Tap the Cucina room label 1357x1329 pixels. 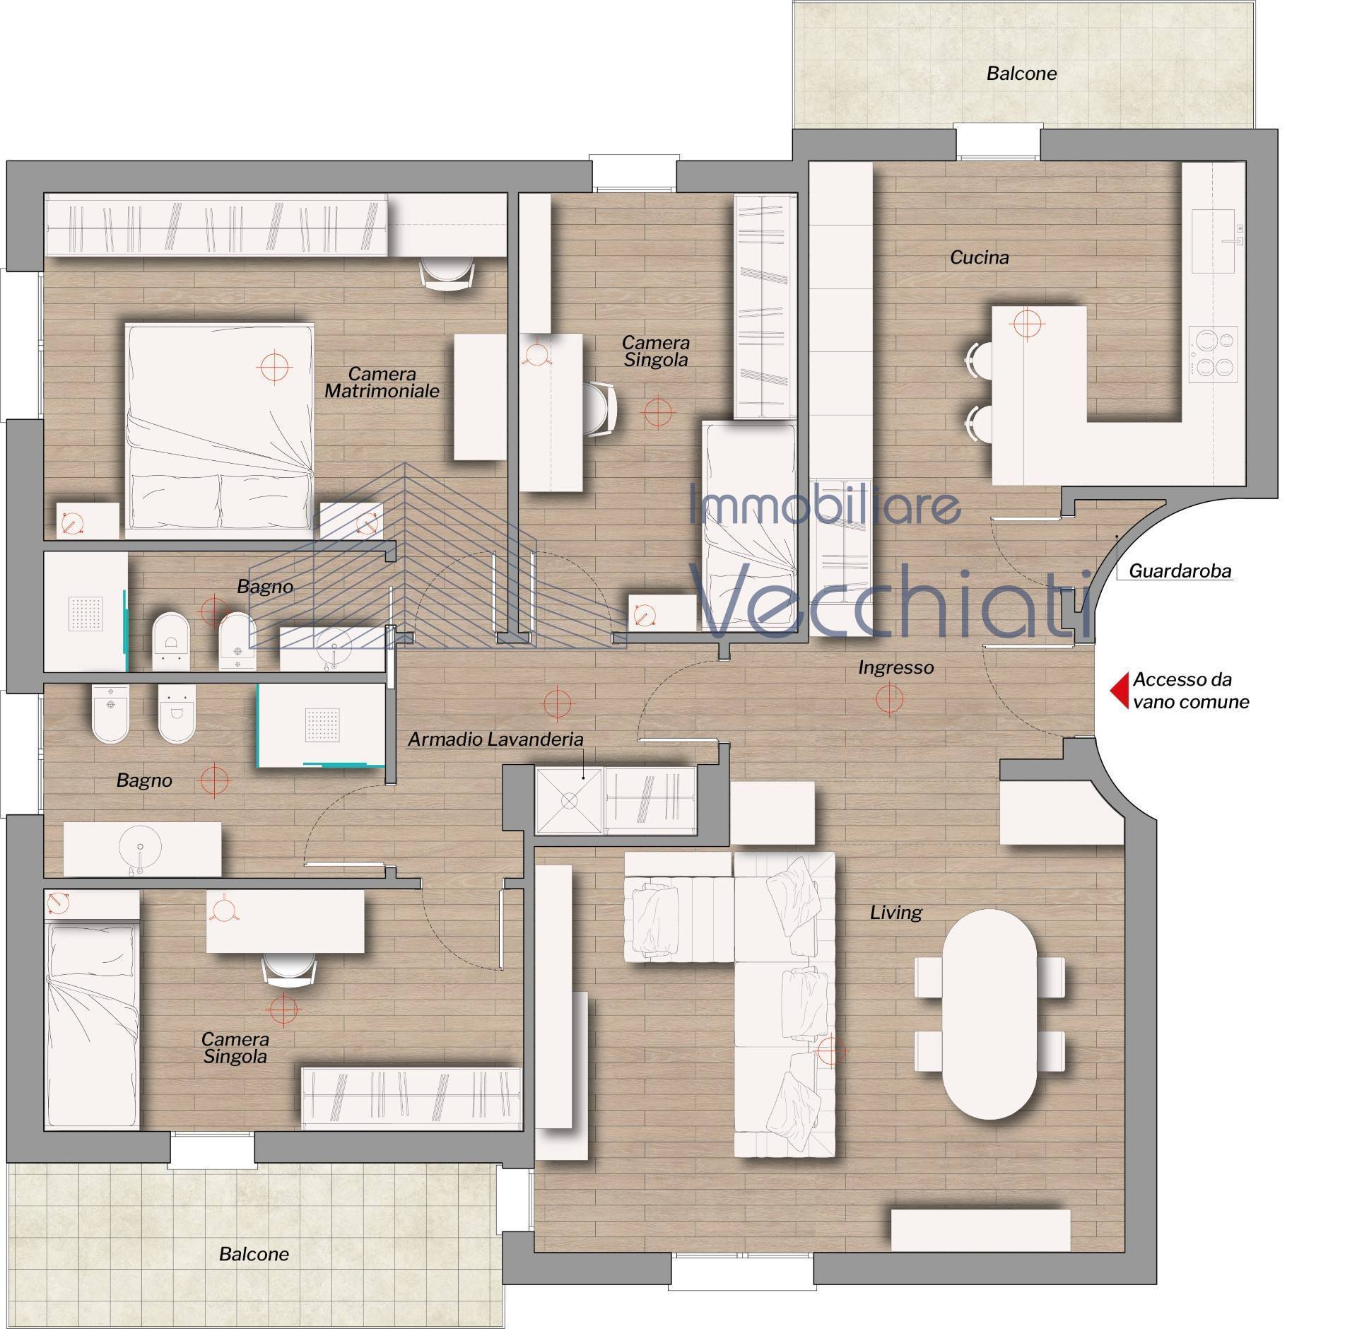tap(979, 258)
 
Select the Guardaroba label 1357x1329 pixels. tap(1180, 571)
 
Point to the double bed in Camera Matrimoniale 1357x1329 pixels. tap(220, 426)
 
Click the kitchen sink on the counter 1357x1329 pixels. tap(1214, 240)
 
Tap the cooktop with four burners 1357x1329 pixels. tap(1213, 354)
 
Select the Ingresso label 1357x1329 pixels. tap(896, 667)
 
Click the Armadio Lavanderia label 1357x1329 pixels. tap(496, 739)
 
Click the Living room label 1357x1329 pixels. tap(896, 913)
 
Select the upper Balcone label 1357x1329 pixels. tap(1022, 74)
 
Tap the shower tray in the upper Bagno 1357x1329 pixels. tap(86, 611)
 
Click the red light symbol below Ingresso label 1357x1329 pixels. tap(889, 699)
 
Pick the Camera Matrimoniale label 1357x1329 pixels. tap(382, 382)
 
